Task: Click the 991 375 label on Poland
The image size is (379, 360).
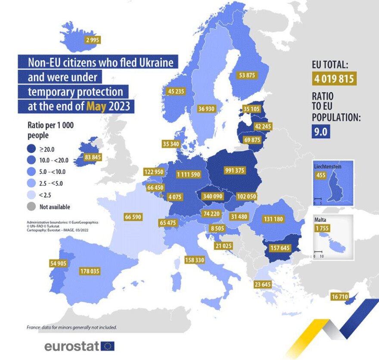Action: pos(234,171)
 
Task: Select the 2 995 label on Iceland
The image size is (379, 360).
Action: pos(93,40)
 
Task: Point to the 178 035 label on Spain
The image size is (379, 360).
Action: pos(90,271)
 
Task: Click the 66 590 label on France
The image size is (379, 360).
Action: pos(133,217)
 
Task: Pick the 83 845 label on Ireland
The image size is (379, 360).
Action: pos(93,157)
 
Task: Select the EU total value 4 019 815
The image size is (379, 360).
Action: pos(334,79)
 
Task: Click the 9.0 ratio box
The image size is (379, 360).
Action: pos(321,131)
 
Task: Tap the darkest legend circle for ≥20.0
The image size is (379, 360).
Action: pos(31,149)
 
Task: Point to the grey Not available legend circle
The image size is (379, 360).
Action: pos(31,207)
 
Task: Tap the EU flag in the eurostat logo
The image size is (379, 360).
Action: pos(108,346)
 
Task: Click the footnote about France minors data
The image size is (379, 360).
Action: pos(71,327)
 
